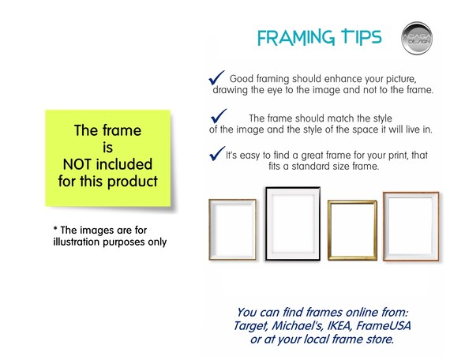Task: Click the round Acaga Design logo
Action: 417,38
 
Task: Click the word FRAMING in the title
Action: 296,38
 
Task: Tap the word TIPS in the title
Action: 362,37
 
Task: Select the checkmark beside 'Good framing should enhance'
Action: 216,78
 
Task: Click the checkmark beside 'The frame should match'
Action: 219,116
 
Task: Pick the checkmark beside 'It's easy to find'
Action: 217,153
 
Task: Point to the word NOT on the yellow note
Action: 77,164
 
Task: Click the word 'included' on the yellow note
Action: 124,164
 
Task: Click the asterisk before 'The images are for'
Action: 55,228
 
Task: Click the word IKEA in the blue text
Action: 339,326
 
